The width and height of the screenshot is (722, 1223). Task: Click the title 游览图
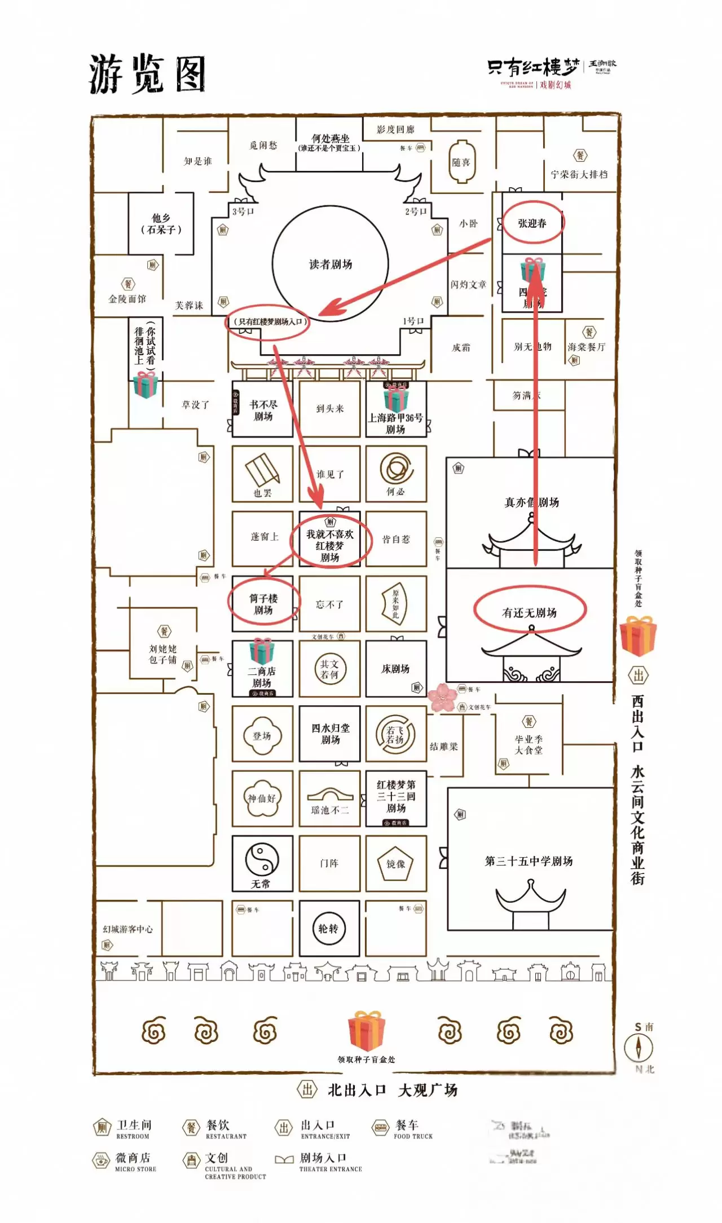click(x=147, y=74)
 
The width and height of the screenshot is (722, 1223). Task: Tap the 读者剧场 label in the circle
click(x=331, y=264)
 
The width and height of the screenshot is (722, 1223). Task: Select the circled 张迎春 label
click(x=532, y=223)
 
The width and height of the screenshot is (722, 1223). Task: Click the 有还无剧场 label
click(x=529, y=612)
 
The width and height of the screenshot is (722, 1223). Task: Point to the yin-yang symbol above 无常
click(x=262, y=859)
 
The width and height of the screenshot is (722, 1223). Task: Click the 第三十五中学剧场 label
click(x=529, y=861)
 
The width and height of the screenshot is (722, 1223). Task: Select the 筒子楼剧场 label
click(x=263, y=604)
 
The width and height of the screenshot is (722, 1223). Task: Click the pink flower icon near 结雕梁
click(x=442, y=697)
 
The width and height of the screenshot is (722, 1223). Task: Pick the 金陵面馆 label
click(x=127, y=299)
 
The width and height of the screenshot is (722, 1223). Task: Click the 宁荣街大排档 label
click(x=579, y=175)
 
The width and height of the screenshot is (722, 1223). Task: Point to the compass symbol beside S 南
click(x=639, y=1048)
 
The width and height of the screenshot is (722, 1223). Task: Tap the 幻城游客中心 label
click(x=127, y=929)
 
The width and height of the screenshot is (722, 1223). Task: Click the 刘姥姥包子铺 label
click(x=162, y=654)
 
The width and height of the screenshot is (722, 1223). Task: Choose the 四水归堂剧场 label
click(x=330, y=734)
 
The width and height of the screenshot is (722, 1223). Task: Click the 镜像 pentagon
click(x=395, y=864)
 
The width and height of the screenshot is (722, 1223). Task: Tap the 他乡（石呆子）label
click(x=161, y=224)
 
